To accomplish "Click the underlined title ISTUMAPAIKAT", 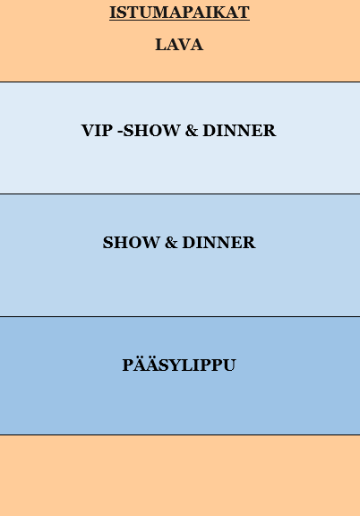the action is (x=179, y=13).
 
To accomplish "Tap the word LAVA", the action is (x=179, y=45).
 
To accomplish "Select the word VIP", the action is (x=97, y=130).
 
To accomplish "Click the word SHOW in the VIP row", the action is (x=151, y=130).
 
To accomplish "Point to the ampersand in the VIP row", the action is (x=191, y=130).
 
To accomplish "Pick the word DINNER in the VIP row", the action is (x=239, y=130).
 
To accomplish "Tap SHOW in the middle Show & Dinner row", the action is (x=131, y=243).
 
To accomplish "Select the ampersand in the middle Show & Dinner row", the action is (x=171, y=243).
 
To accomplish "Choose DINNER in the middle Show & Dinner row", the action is (x=219, y=243).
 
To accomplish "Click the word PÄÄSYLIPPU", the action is (x=179, y=365).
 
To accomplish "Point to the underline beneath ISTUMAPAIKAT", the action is (x=179, y=20).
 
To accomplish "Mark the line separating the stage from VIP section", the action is (x=180, y=82).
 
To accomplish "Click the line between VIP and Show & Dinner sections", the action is (x=180, y=193).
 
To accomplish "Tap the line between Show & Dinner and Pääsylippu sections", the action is (x=180, y=316).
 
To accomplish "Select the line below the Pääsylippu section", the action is (x=180, y=434).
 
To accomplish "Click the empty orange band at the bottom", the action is (x=180, y=476).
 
